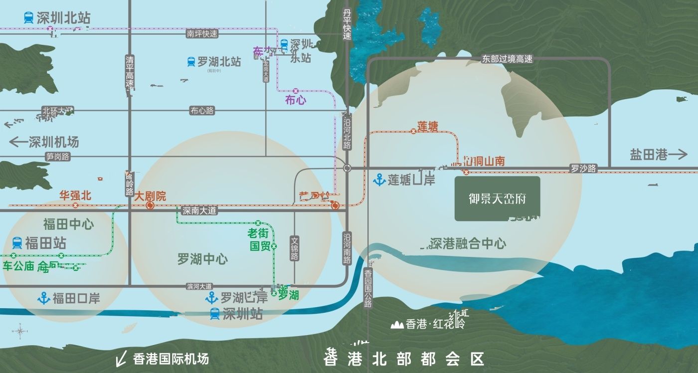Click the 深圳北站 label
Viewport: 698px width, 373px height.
[63, 18]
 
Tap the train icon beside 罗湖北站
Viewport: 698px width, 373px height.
[191, 62]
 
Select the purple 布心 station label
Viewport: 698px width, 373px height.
[295, 100]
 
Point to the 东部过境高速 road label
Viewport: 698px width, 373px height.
[507, 59]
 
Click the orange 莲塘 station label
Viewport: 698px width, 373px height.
[427, 127]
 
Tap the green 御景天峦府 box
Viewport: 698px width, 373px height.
[497, 198]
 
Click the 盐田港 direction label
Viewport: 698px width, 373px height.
[649, 155]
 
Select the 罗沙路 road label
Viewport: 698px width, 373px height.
[583, 169]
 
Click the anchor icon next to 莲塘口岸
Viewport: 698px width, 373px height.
[379, 179]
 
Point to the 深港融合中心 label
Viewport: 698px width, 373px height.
[468, 243]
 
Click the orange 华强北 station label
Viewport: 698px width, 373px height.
[75, 195]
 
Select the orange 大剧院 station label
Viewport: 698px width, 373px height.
[150, 196]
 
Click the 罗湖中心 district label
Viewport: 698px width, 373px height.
[202, 259]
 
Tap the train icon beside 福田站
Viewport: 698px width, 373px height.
[17, 243]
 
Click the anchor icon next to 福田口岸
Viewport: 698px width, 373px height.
[44, 299]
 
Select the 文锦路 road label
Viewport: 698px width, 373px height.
[294, 248]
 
